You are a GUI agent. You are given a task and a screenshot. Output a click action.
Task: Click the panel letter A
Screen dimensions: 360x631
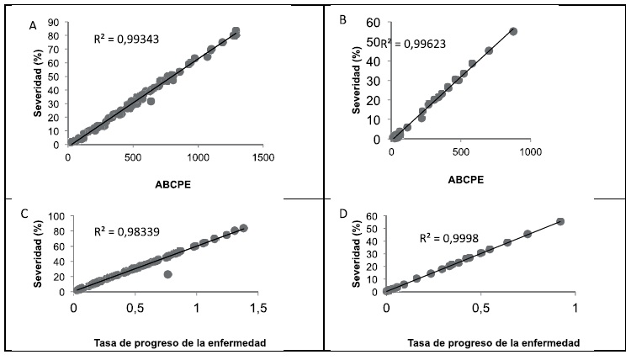click(33, 26)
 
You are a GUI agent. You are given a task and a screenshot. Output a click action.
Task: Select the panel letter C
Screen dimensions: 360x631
click(33, 213)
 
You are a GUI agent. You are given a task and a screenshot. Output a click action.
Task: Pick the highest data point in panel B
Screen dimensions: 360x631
click(513, 31)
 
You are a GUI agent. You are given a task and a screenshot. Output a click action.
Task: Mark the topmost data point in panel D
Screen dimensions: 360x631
click(560, 221)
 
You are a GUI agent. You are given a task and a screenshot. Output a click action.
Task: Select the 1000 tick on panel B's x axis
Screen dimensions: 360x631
click(529, 151)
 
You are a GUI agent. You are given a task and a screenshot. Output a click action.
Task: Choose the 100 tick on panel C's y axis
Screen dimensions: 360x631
click(55, 216)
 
